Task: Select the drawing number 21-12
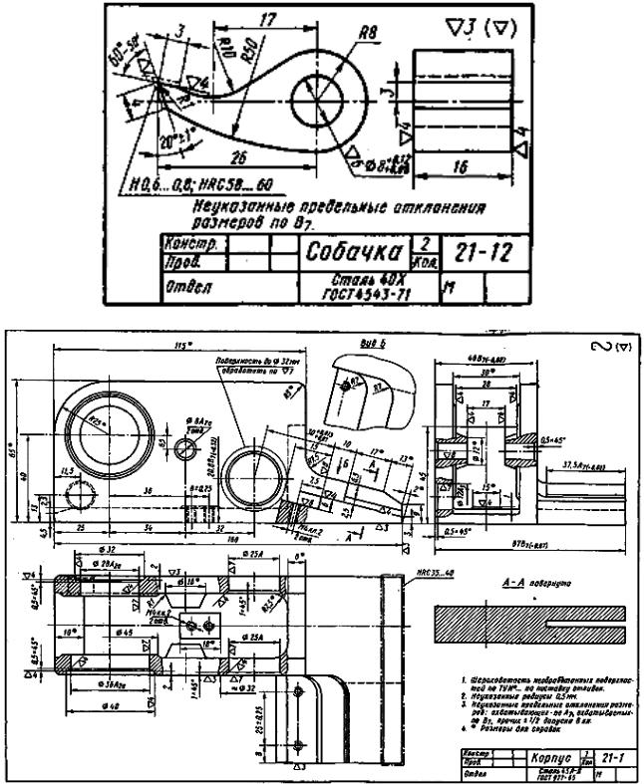[x=481, y=252]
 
